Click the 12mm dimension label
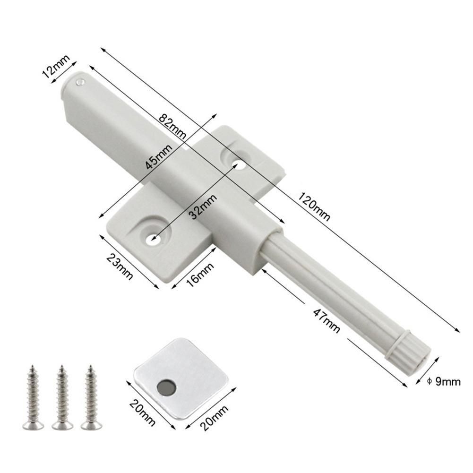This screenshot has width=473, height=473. tap(56, 68)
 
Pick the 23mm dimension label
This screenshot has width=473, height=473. tap(118, 266)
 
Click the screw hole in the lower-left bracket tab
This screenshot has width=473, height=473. tap(152, 238)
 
